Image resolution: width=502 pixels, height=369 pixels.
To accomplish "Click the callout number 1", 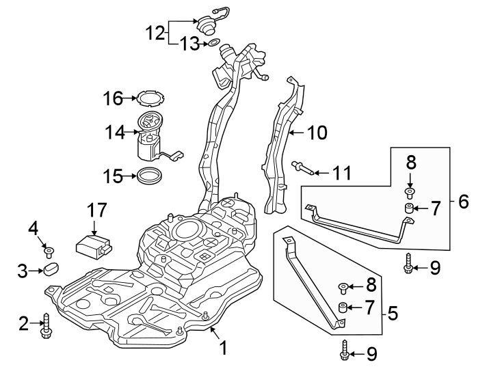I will tap(223, 348).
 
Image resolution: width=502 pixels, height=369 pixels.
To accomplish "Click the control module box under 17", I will tap(94, 245).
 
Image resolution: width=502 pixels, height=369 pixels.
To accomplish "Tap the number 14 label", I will tap(116, 130).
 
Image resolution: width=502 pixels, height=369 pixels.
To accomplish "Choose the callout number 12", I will tap(155, 31).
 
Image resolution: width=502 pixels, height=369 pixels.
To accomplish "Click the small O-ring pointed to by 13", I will tap(213, 44).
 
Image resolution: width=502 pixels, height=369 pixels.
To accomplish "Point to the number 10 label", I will tap(317, 132).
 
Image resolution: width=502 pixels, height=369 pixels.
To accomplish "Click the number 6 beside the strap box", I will tap(463, 202).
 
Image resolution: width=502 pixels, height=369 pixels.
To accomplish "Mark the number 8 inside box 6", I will tap(410, 164).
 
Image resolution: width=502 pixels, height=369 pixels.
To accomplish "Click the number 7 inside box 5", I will tap(369, 307).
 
